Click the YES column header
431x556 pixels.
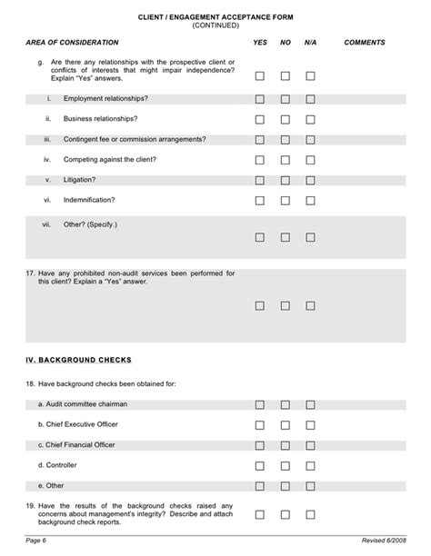coord(260,43)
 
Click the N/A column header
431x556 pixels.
coord(310,43)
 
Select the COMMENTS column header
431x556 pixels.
coord(365,43)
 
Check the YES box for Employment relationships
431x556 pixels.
coord(260,99)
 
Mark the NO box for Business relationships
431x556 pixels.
coord(286,119)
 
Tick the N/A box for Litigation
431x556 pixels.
coord(310,179)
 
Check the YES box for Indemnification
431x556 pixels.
coord(260,200)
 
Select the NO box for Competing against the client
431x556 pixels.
coord(286,159)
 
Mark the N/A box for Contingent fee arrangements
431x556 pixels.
coord(310,139)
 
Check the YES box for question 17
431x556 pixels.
coord(260,306)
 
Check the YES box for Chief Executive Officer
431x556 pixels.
coord(260,424)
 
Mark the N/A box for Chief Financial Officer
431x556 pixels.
coord(310,445)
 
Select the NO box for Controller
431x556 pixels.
coord(286,466)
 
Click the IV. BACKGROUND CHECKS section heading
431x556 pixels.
coord(79,360)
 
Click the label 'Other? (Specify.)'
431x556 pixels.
coord(90,223)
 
